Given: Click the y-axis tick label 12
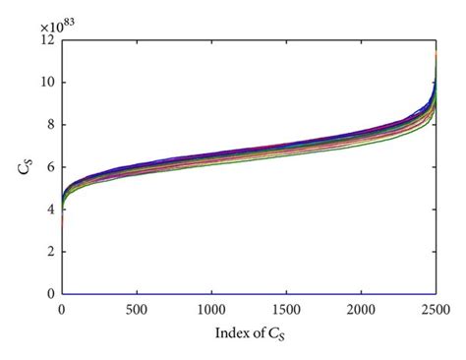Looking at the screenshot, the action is pos(47,40).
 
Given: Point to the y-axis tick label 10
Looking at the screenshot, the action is pos(47,83).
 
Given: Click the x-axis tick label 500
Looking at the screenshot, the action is pos(137,310).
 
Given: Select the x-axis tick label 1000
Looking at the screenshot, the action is pos(211,310).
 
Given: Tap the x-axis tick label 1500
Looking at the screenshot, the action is pos(286,310).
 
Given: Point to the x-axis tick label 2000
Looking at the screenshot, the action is pos(361,310).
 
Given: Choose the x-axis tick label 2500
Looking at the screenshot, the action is pos(436,310).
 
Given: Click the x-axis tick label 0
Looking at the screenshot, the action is pos(62,310).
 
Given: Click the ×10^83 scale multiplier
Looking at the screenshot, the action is pos(58,26).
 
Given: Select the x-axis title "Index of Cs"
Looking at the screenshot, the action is pos(250,333).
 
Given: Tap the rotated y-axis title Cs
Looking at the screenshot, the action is pos(25,166).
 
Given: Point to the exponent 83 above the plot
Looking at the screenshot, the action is pos(70,24).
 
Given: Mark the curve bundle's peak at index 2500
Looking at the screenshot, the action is pos(436,52).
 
